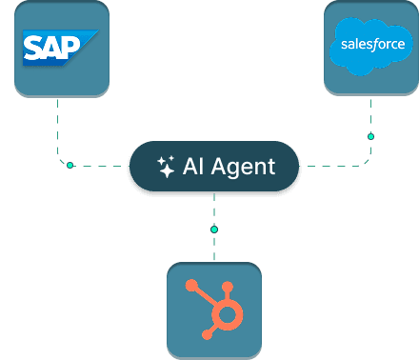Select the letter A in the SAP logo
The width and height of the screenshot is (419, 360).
tap(54, 48)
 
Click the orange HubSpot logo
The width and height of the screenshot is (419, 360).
tap(213, 308)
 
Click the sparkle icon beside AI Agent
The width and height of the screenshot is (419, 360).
tap(166, 168)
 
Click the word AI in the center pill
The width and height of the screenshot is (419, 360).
tap(197, 168)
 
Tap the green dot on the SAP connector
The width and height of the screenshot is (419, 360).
tap(70, 166)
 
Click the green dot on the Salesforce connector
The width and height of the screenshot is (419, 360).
tap(370, 137)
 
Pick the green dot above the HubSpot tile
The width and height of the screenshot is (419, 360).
tap(214, 229)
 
